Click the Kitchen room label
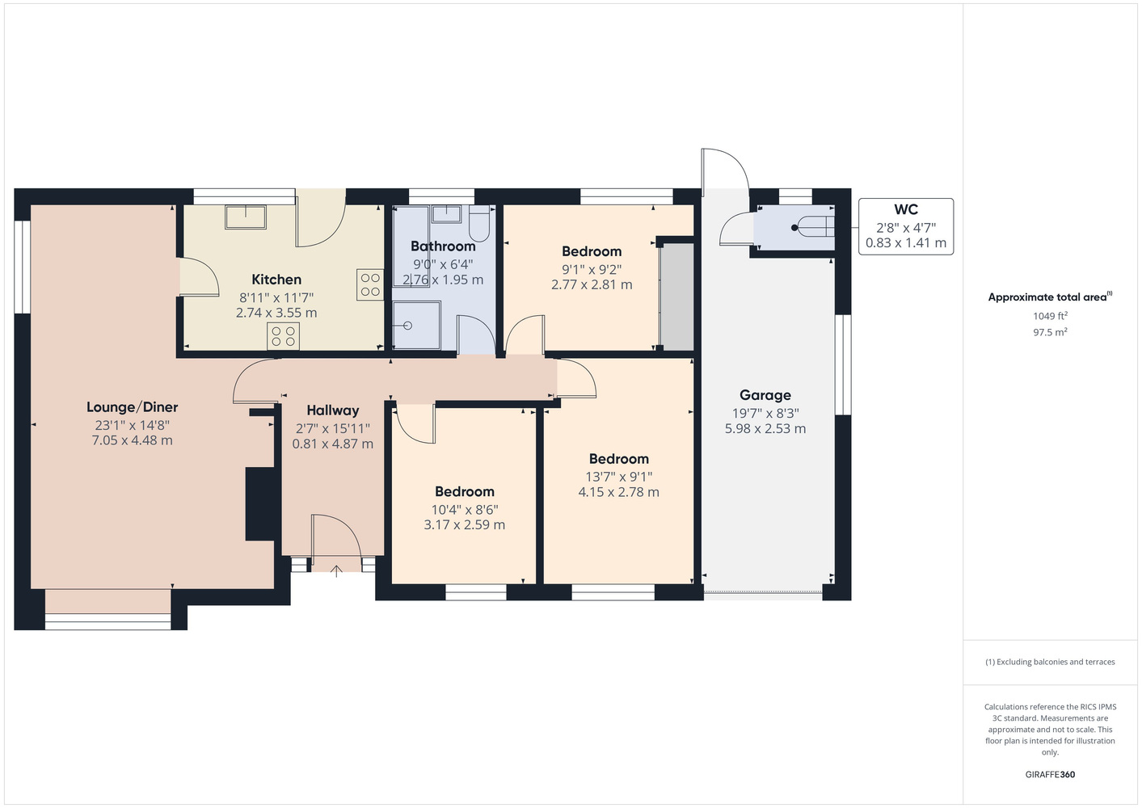pos(276,280)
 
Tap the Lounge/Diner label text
pos(132,406)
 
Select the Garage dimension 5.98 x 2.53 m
pos(765,429)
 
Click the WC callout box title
pos(906,209)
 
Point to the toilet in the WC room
pos(814,227)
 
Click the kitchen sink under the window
pos(246,217)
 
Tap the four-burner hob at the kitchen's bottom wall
pos(283,336)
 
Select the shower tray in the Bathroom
pos(416,326)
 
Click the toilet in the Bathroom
pos(479,223)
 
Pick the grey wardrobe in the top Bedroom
pos(676,297)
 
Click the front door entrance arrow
pos(336,571)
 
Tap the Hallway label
pos(332,410)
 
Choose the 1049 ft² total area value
pos(1050,316)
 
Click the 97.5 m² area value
pos(1050,332)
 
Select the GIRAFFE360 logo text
pos(1050,774)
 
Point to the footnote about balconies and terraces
pos(1050,662)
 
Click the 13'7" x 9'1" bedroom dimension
pos(619,477)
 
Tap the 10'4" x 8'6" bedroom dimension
pos(465,509)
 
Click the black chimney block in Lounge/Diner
pos(263,503)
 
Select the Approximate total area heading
pos(1050,297)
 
